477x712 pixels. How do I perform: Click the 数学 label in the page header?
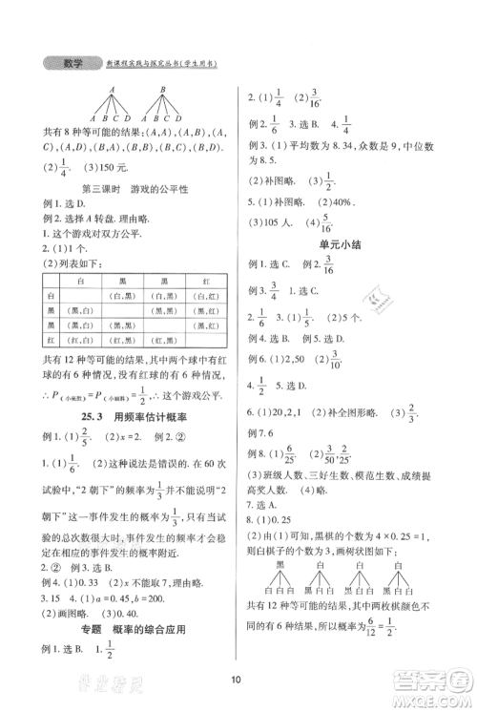(71, 64)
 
